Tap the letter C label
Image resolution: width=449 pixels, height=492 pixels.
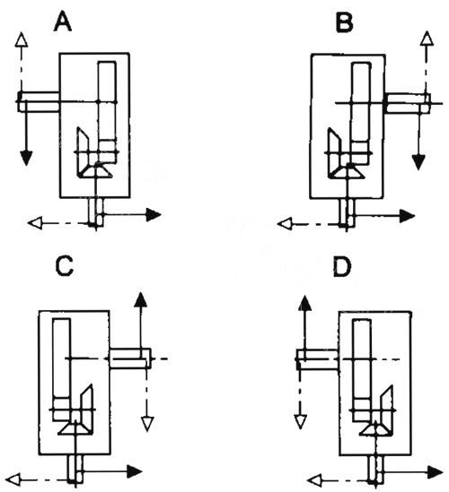point(64,266)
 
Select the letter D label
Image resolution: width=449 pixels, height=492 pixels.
point(342,267)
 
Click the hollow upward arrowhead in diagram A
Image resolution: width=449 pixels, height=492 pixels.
point(22,39)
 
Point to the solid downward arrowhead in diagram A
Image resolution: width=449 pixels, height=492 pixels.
point(26,158)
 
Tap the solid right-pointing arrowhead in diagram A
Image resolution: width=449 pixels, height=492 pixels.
point(154,214)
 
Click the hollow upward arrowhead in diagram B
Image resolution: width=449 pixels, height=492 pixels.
point(427,39)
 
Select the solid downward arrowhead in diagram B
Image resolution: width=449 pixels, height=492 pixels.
point(418,162)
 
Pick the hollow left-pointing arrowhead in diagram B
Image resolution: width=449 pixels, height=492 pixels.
point(285,224)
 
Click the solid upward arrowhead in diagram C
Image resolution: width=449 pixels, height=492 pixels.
point(141,299)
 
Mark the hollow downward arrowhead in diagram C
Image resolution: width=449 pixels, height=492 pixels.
point(147,424)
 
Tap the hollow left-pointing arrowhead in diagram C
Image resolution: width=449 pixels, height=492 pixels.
point(13,480)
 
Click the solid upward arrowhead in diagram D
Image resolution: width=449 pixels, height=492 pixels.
point(304,303)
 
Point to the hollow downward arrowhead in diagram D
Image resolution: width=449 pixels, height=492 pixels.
point(300,422)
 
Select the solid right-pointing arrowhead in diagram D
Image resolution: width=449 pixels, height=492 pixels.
point(436,472)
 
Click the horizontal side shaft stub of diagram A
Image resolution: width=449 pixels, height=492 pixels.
point(39,101)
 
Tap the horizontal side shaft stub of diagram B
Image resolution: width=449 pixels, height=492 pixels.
point(408,103)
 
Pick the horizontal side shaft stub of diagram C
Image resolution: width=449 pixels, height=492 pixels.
point(130,358)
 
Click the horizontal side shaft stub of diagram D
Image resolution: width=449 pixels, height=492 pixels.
point(318,359)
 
